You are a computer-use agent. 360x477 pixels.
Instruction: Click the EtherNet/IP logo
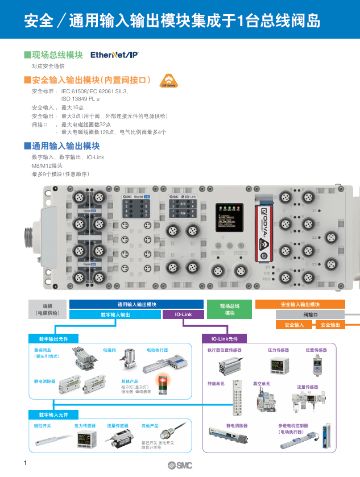point(114,55)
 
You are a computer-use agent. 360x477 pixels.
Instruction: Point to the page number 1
point(26,462)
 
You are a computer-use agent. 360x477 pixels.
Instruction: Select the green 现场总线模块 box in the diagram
point(230,309)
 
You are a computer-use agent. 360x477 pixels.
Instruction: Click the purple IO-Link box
point(183,314)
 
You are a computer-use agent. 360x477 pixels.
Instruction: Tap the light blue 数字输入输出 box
point(115,314)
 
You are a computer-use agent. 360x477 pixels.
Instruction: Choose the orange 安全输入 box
point(294,325)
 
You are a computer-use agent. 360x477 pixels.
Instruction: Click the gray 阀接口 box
point(310,314)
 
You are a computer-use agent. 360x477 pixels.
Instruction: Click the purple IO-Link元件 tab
point(225,339)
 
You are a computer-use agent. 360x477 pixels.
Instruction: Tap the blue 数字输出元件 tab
point(53,339)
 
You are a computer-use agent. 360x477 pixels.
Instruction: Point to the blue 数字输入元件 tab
point(53,414)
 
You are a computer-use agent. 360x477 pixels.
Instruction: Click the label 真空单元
point(262,384)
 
